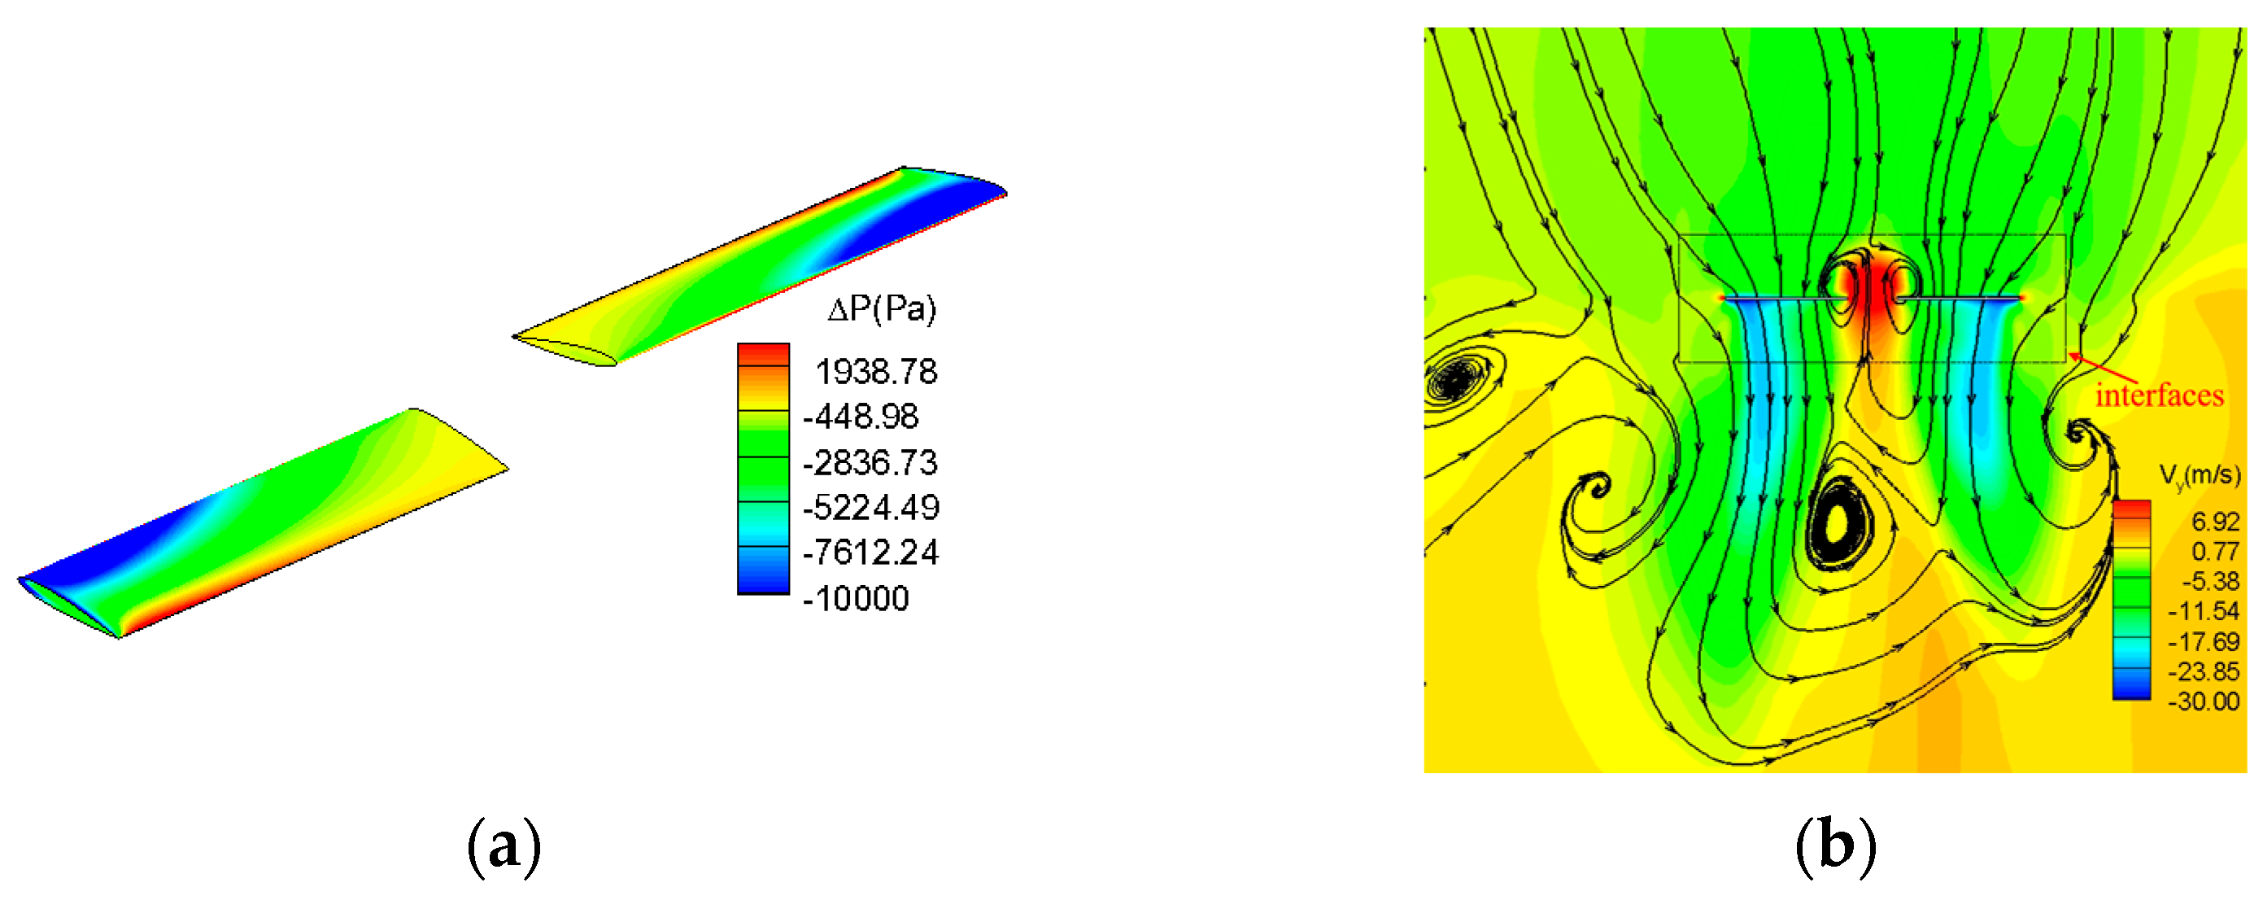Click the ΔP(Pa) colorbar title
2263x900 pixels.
click(882, 308)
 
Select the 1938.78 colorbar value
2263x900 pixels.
click(877, 372)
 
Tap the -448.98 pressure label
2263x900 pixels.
click(861, 416)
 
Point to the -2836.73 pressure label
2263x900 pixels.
click(870, 462)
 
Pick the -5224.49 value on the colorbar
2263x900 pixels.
click(870, 507)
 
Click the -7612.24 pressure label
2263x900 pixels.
click(870, 552)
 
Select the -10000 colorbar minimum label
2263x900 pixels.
click(857, 599)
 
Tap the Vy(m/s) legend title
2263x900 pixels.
click(2200, 477)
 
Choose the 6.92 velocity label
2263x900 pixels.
click(2216, 522)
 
